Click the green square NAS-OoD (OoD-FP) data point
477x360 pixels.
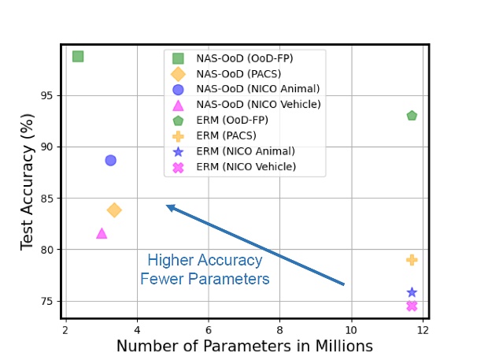[x=78, y=56]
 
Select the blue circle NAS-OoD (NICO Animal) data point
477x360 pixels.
[x=110, y=160]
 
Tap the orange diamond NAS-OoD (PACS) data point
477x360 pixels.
[x=114, y=210]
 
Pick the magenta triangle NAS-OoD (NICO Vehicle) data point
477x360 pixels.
[x=102, y=233]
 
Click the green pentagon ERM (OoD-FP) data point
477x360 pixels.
[x=412, y=116]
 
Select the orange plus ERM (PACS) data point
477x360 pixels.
[x=412, y=259]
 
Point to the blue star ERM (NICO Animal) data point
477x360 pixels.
[x=412, y=292]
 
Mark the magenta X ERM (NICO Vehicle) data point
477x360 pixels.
[x=412, y=306]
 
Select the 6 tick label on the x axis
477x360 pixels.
[x=209, y=328]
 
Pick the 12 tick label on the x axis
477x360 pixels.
[x=423, y=328]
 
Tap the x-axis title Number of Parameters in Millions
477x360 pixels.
[x=244, y=346]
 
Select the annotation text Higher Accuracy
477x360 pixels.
[x=205, y=260]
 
